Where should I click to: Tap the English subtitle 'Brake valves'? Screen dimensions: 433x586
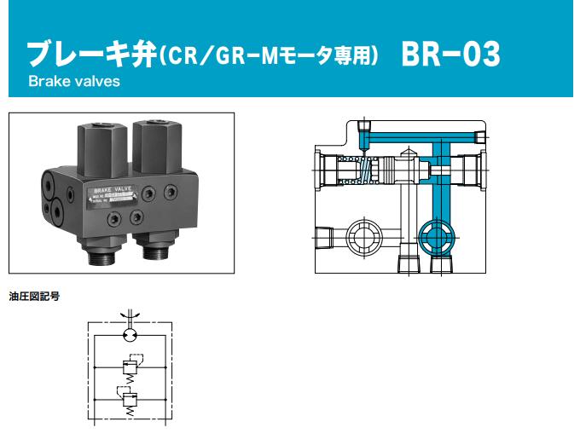(x=74, y=83)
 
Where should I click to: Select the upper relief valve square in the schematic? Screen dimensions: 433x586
(x=130, y=365)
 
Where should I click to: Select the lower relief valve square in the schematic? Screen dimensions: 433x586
(x=130, y=399)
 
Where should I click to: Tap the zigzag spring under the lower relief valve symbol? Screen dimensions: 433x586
(x=130, y=413)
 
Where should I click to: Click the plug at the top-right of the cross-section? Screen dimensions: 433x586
(x=480, y=138)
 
